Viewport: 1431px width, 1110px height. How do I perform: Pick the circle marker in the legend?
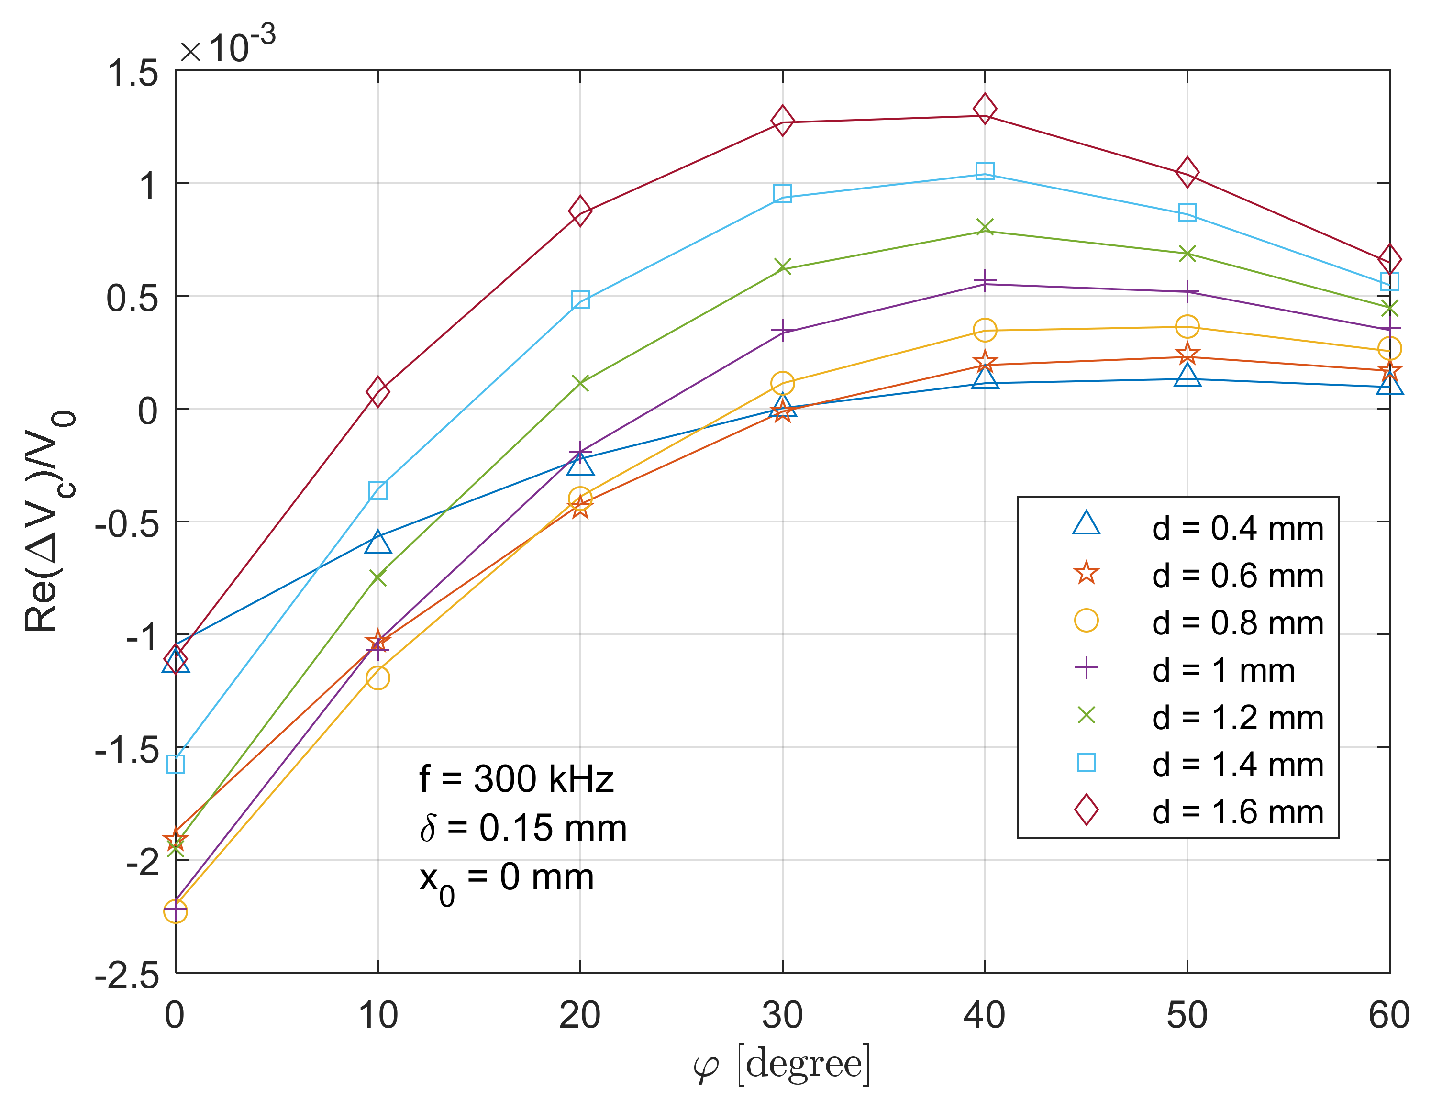coord(1086,620)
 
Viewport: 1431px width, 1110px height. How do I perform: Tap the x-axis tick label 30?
coord(782,1015)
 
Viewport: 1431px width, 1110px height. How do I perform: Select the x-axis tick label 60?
coord(1388,1015)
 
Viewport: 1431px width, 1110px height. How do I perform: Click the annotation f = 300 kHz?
coord(516,779)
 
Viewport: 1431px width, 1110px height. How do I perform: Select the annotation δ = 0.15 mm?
coord(523,828)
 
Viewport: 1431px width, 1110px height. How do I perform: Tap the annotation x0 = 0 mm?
coord(506,879)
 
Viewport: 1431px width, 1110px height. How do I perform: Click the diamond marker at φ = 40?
coord(984,108)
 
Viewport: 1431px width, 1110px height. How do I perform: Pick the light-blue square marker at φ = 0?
coord(176,764)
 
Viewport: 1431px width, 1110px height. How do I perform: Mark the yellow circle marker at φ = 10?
coord(377,677)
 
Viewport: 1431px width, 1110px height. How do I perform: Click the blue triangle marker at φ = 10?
coord(377,542)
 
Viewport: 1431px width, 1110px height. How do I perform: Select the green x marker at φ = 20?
coord(580,383)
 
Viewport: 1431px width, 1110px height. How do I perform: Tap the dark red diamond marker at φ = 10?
coord(377,392)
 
